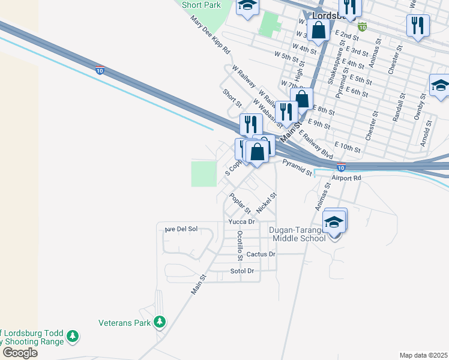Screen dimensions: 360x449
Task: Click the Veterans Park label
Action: (124, 323)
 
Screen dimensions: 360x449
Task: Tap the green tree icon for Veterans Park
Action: (159, 323)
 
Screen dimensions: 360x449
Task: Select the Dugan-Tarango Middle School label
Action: (299, 234)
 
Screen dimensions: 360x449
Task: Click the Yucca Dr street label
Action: (242, 221)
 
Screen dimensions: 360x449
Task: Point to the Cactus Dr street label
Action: (261, 254)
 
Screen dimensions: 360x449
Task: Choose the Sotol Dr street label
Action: (243, 271)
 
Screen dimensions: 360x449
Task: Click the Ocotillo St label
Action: (240, 246)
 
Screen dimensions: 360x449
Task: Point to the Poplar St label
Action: (240, 203)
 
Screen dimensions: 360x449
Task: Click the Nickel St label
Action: (266, 203)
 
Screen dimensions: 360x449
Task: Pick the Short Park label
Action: (201, 5)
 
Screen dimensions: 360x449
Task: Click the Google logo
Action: (19, 353)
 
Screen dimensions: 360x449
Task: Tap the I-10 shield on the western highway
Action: (100, 70)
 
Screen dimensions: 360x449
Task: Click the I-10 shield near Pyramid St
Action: (340, 167)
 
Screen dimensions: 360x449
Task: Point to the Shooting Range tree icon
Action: (73, 337)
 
